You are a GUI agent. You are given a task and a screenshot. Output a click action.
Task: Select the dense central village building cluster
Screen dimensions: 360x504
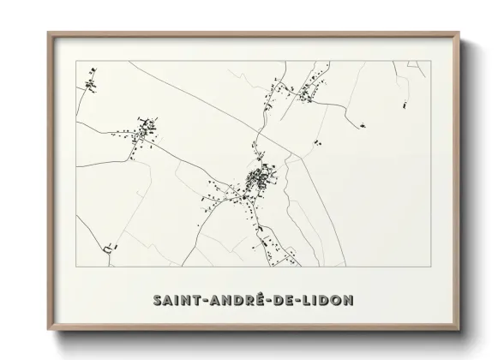[x=258, y=180]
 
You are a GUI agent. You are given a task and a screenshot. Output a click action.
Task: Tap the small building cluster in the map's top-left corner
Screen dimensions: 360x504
[x=90, y=84]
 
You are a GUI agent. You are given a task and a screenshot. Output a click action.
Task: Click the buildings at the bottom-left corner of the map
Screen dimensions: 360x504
[x=106, y=249]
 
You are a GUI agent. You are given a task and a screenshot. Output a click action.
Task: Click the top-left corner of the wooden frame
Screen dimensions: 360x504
[x=48, y=33]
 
